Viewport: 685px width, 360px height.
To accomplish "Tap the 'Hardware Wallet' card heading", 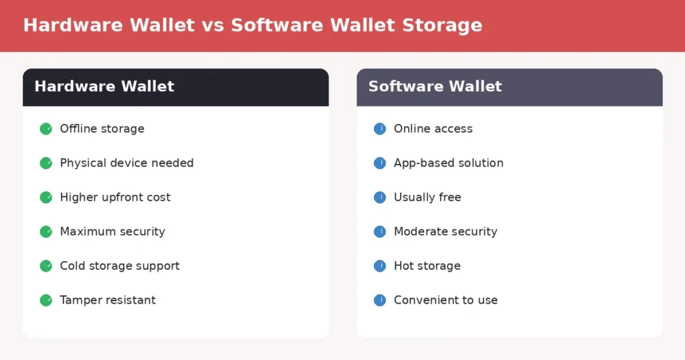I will pyautogui.click(x=104, y=86).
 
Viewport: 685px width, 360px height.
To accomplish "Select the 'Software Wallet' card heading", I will pyautogui.click(x=435, y=86).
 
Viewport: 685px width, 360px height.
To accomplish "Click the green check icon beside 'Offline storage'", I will pyautogui.click(x=46, y=128).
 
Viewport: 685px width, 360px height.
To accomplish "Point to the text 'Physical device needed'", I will pyautogui.click(x=126, y=163).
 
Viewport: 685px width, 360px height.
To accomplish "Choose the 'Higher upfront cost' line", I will pyautogui.click(x=115, y=197).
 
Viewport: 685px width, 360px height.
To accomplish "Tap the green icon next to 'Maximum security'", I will pyautogui.click(x=46, y=232).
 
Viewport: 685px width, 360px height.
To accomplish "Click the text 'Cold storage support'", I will pyautogui.click(x=120, y=266).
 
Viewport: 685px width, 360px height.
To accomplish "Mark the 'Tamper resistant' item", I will pyautogui.click(x=108, y=300).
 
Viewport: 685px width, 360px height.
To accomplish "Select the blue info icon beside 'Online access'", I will pyautogui.click(x=380, y=128).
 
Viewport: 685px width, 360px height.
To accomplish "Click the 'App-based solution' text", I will pyautogui.click(x=448, y=163).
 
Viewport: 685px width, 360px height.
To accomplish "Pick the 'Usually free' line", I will pyautogui.click(x=427, y=197).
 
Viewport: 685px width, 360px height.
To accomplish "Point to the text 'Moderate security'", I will pyautogui.click(x=446, y=232).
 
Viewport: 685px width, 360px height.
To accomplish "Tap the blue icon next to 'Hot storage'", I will pyautogui.click(x=380, y=266).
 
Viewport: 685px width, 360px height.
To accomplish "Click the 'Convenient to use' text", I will pyautogui.click(x=446, y=300).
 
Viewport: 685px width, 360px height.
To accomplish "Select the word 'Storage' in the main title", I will pyautogui.click(x=442, y=25).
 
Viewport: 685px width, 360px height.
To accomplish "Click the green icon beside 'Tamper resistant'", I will pyautogui.click(x=46, y=300).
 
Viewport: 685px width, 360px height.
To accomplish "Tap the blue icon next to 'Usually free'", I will pyautogui.click(x=380, y=197).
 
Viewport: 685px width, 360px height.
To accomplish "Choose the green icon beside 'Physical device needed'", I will pyautogui.click(x=46, y=163).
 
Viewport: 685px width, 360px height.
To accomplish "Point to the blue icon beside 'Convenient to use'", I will pyautogui.click(x=380, y=300).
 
